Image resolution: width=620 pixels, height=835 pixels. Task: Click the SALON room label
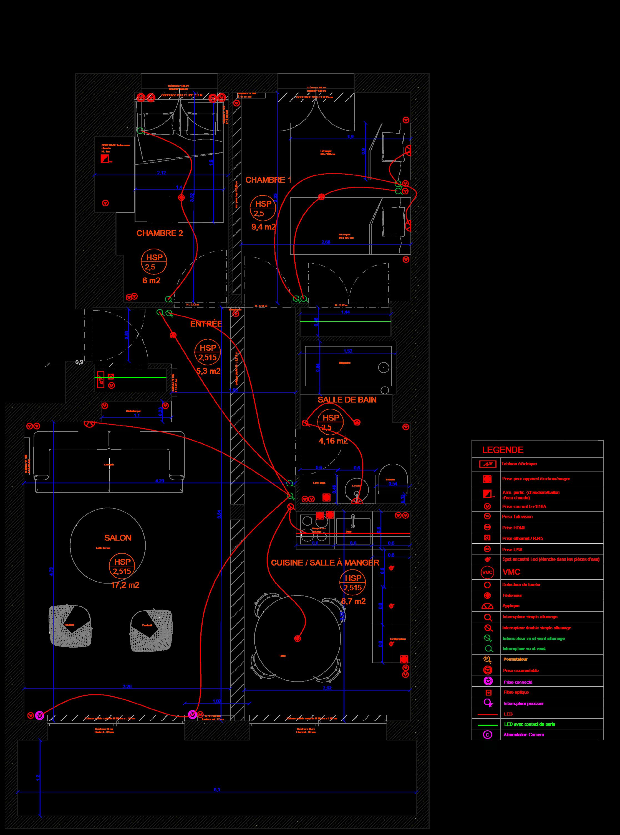point(118,538)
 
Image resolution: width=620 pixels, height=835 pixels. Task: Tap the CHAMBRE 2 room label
point(160,233)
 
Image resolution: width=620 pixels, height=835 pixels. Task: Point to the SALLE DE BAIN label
point(347,400)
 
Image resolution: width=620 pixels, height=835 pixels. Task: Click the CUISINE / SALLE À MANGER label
point(325,562)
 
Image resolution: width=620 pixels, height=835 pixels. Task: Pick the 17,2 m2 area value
point(125,585)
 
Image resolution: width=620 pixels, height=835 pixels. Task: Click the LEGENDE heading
point(503,450)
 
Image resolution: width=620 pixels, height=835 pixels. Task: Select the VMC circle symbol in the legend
point(487,572)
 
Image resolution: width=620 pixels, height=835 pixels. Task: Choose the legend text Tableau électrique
point(519,464)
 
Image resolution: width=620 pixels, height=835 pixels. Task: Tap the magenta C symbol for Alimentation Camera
point(487,735)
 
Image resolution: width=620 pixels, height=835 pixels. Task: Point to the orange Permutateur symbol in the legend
point(487,659)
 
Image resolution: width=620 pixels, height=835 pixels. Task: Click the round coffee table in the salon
point(108,545)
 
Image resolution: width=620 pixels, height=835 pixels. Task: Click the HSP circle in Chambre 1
point(263,208)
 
